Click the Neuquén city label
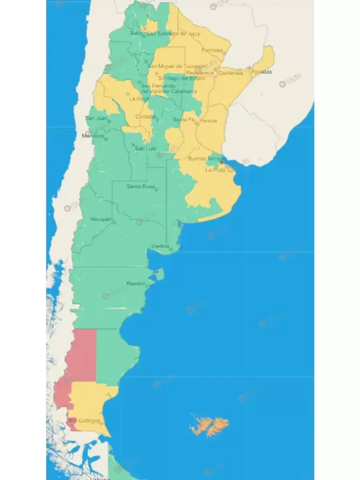click(101, 219)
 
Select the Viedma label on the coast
click(160, 246)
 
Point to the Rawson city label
click(136, 283)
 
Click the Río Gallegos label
click(85, 421)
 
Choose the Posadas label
click(261, 72)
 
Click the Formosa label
click(212, 50)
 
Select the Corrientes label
click(230, 73)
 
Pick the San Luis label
click(144, 149)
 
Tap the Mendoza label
click(93, 136)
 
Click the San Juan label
click(95, 118)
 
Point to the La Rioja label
click(139, 99)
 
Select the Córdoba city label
click(145, 117)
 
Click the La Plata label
click(216, 170)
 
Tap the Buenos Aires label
click(205, 158)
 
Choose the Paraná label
click(208, 121)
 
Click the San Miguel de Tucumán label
click(176, 66)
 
